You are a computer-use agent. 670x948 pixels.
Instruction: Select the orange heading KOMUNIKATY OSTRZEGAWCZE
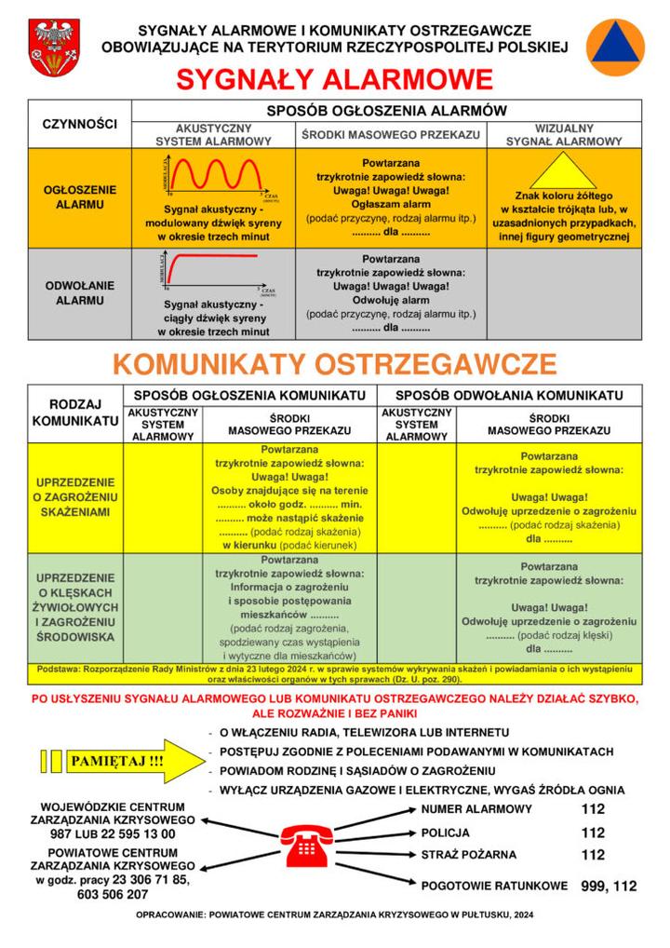335,363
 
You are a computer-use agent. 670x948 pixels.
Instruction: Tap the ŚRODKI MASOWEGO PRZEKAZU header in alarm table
391,135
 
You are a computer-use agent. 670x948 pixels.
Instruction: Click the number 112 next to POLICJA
593,833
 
